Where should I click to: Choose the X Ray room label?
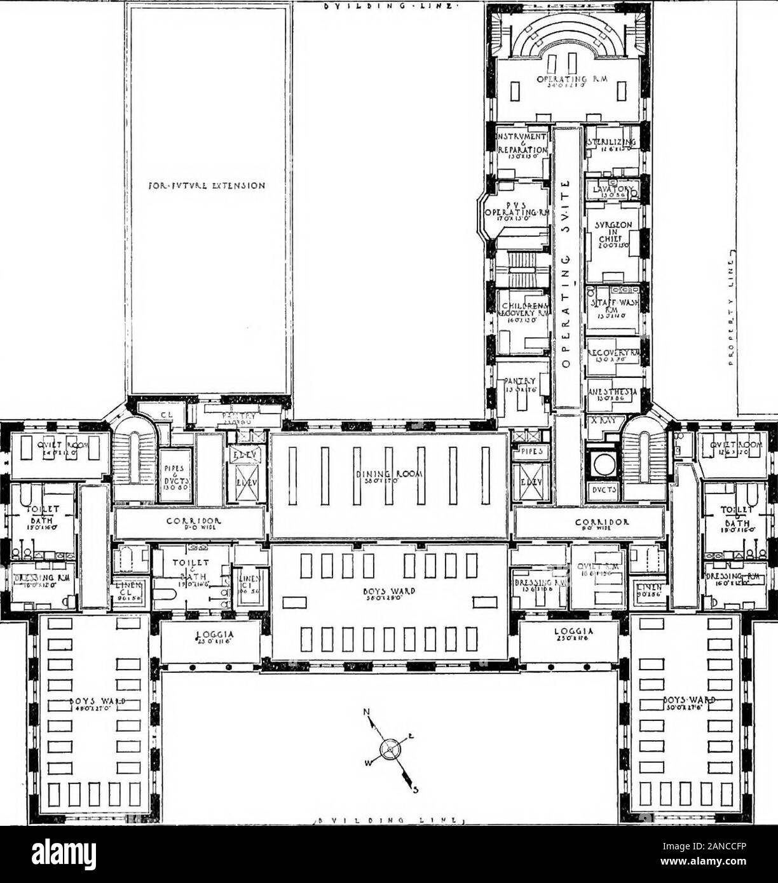601,421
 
